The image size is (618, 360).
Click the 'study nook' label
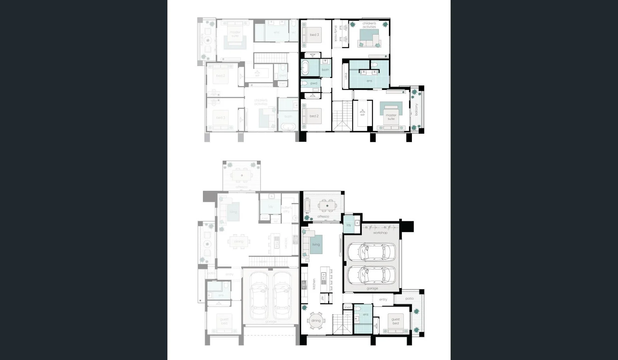pos(336,33)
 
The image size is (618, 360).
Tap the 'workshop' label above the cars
pos(380,233)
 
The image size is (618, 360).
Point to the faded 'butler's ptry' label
pos(286,209)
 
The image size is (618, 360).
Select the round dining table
pos(316,321)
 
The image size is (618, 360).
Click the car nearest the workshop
pos(372,252)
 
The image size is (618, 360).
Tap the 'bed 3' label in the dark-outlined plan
pos(314,35)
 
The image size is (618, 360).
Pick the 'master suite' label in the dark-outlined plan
pos(391,117)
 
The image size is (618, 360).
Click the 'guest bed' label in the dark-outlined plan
pos(396,321)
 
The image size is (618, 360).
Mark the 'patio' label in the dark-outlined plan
pos(410,299)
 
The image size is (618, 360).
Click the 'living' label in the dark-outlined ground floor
pos(316,244)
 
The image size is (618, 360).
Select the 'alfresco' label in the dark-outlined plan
pos(323,217)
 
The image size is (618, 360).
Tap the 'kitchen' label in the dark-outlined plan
pos(314,284)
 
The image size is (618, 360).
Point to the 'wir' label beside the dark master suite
pos(363,115)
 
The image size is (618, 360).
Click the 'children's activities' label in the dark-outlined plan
pos(369,25)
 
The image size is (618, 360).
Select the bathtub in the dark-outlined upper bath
pos(305,68)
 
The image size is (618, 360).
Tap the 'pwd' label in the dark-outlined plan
pos(314,83)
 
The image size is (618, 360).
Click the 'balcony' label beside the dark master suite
pos(416,110)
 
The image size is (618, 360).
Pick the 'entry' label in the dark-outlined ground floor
pos(383,300)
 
